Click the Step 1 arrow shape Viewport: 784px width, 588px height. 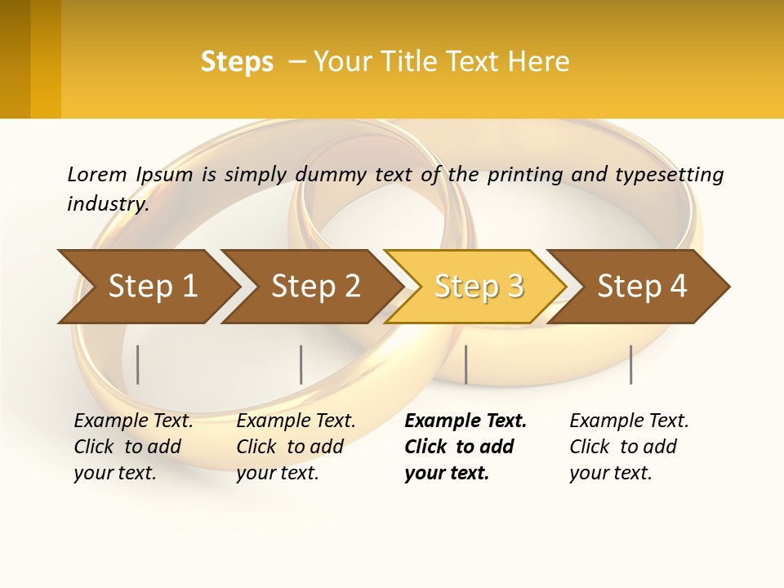151,287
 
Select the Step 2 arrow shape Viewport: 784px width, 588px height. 315,287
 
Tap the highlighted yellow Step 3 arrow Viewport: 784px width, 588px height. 479,287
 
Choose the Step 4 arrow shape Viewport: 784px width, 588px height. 642,287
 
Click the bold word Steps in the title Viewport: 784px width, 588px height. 237,62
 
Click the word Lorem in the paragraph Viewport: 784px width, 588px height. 97,175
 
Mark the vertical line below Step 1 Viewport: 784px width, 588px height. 138,364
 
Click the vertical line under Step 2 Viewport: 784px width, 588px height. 301,364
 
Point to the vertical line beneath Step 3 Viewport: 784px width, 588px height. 465,364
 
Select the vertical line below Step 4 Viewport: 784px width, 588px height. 630,364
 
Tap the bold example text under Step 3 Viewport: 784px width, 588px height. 465,447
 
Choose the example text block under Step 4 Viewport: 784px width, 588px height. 629,447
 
